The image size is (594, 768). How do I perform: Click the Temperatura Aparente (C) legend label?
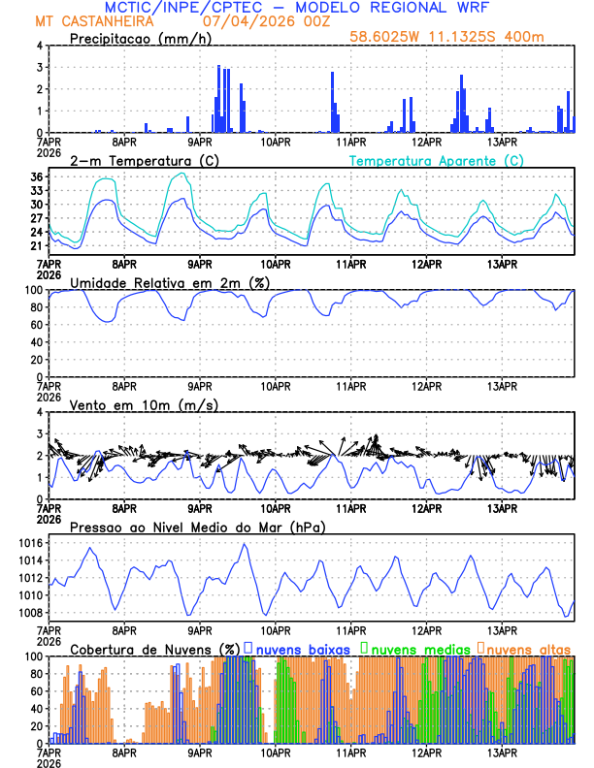tap(436, 160)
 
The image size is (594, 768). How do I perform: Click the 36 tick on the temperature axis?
tap(37, 177)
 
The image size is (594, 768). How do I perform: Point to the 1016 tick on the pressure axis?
tap(30, 560)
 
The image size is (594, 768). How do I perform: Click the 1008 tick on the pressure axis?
tap(30, 613)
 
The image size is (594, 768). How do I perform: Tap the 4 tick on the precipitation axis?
tap(40, 46)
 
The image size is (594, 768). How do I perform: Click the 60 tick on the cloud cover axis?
tap(37, 690)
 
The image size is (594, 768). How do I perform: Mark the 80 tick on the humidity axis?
tap(37, 307)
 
